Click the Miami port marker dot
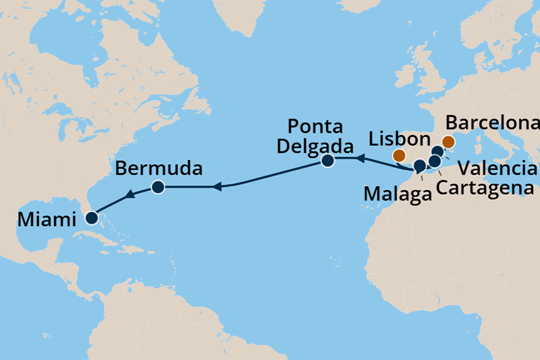pos(92,219)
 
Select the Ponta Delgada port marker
pos(328,161)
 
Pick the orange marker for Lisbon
pos(399,155)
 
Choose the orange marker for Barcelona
pos(448,142)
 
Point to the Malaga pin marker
pos(419,166)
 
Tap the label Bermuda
pos(159,168)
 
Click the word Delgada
pos(315,146)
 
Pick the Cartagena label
pos(485,187)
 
